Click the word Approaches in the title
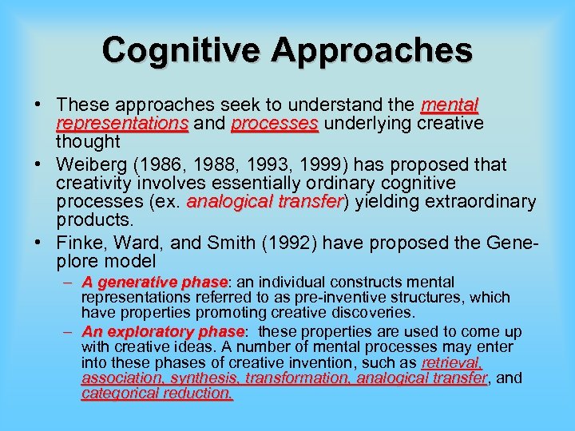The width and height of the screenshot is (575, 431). [x=372, y=49]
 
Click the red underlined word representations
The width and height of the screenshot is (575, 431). [x=122, y=124]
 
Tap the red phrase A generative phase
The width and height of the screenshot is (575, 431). [x=155, y=282]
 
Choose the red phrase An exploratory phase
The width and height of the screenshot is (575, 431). [x=162, y=331]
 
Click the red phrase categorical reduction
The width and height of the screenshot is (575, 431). [x=157, y=393]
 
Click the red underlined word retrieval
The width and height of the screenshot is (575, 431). [x=452, y=362]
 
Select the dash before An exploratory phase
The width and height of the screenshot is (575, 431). [x=69, y=331]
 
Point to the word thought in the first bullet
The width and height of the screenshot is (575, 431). [x=88, y=143]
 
